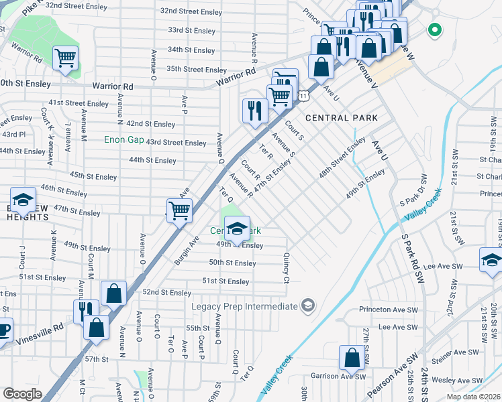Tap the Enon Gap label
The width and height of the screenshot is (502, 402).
click(x=124, y=139)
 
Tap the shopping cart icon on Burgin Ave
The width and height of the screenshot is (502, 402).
click(x=179, y=210)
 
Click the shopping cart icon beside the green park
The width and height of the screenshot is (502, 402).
click(x=65, y=58)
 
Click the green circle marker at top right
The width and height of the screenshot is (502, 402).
click(x=434, y=29)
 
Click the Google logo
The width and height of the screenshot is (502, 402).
click(x=22, y=394)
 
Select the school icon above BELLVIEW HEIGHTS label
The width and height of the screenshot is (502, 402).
click(x=23, y=200)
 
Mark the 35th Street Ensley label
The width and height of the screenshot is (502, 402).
click(x=197, y=70)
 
